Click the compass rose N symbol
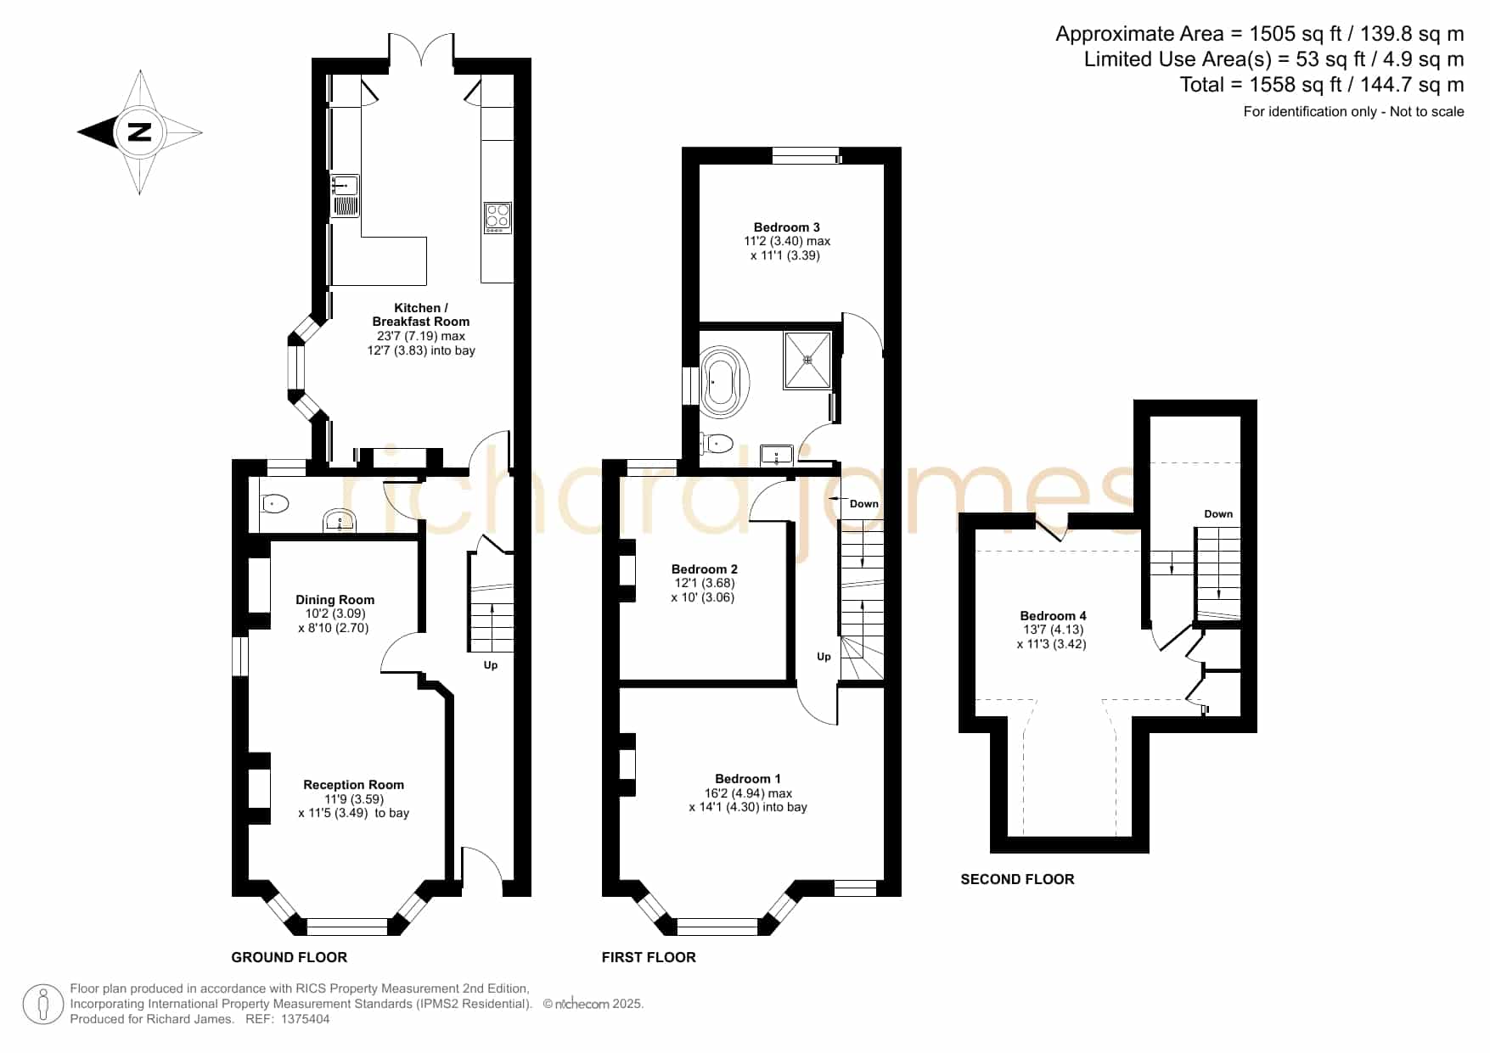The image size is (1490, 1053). [138, 132]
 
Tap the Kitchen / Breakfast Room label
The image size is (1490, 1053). [420, 315]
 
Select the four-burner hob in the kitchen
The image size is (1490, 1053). [498, 218]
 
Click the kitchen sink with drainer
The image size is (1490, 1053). [345, 196]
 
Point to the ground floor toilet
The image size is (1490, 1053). [274, 504]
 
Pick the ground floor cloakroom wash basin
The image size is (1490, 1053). [340, 521]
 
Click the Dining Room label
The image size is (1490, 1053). [335, 600]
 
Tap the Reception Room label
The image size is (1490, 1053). [353, 785]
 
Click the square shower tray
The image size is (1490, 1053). [807, 360]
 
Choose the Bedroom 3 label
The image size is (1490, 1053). [787, 227]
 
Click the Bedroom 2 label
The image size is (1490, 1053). [705, 569]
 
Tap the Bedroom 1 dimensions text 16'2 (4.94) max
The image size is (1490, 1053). [748, 793]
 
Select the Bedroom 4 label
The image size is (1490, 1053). [1053, 616]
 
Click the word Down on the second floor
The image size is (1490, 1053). [1218, 514]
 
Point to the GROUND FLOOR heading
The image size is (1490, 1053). [290, 957]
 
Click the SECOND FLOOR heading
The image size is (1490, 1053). [1017, 879]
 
